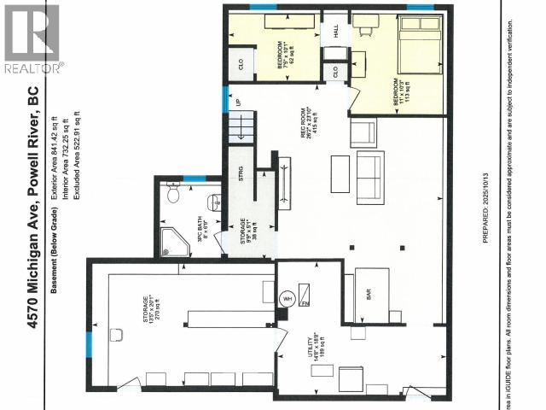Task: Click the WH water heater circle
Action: coord(287,299)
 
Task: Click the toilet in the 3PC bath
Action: coord(174,195)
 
